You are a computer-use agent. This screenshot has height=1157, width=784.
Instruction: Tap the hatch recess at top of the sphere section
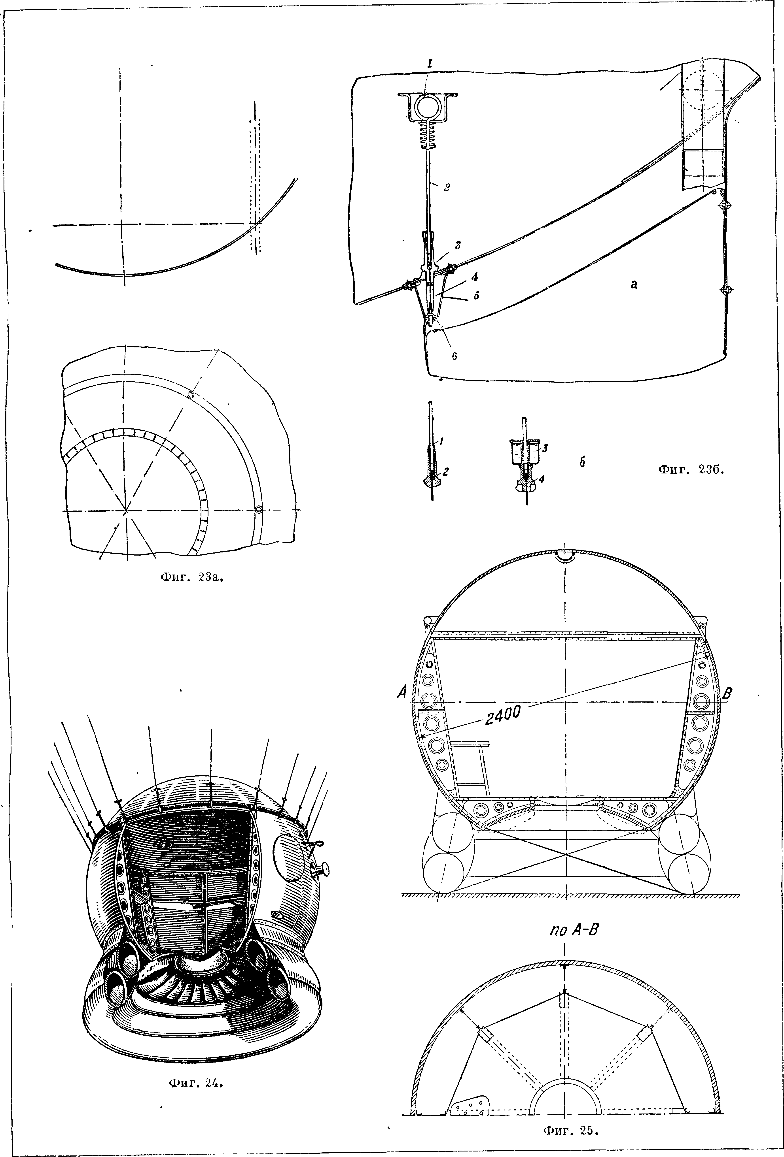(x=565, y=558)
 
